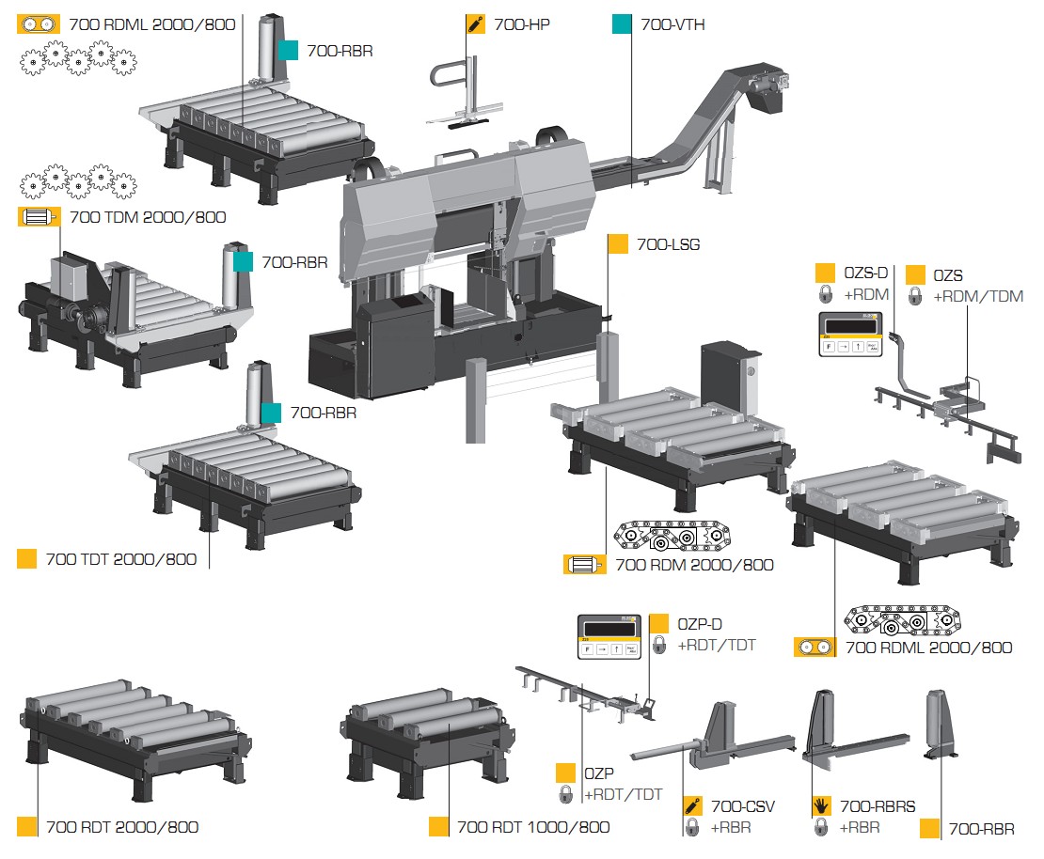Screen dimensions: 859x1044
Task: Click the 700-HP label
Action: (521, 24)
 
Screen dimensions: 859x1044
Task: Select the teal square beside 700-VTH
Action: (621, 24)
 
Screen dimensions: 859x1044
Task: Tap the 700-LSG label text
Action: (668, 244)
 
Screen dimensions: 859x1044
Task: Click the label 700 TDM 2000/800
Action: (148, 217)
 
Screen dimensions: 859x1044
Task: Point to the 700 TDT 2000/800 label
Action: (121, 559)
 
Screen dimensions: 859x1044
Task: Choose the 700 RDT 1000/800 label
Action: (533, 827)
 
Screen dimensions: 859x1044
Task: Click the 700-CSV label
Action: (743, 806)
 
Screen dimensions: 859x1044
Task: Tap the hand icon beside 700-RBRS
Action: (821, 806)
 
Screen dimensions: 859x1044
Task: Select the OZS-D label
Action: (865, 273)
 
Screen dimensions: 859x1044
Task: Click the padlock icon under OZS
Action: (914, 297)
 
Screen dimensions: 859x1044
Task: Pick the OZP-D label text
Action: (700, 624)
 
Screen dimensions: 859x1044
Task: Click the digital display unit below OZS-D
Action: (850, 333)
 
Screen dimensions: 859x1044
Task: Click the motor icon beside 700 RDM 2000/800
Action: (585, 565)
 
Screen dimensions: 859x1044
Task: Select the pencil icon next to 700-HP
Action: (477, 24)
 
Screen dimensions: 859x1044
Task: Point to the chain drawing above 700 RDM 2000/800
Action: (673, 537)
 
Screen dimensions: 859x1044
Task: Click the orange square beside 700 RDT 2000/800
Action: (27, 827)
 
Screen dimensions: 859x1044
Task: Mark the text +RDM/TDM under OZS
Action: (978, 297)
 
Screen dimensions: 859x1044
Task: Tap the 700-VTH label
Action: (672, 24)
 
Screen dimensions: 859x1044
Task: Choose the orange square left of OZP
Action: (565, 773)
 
